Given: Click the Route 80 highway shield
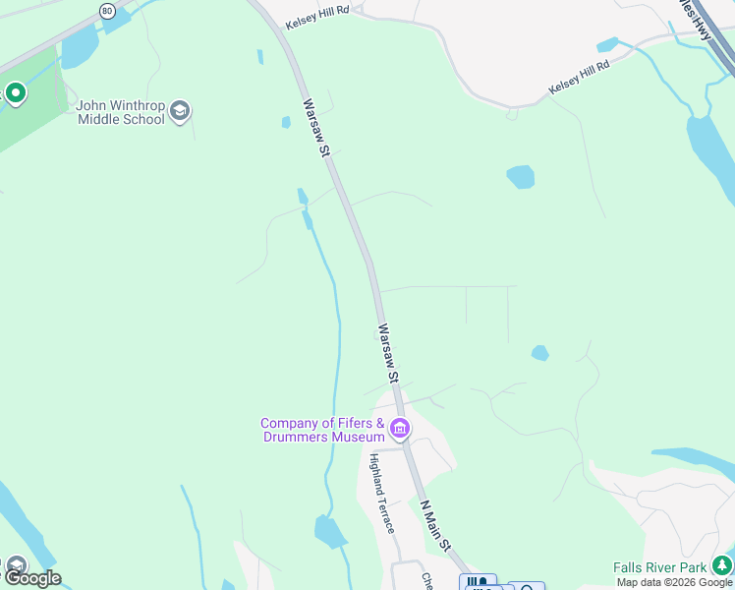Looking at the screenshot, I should coord(106,11).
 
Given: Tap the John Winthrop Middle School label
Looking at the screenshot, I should coord(121,113).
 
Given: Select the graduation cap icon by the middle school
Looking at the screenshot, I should coord(180,111).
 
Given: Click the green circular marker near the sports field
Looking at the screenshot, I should coord(15,94).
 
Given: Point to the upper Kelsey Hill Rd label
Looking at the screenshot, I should coord(317,23).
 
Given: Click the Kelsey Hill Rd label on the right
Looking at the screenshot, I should coord(579,76).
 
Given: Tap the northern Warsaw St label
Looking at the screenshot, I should coord(313,129).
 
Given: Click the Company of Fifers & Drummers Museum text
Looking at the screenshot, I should coord(321,430).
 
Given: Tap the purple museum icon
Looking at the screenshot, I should coord(400,429).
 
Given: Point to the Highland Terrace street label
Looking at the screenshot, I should coord(382,493).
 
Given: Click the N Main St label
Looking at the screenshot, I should coord(435,526).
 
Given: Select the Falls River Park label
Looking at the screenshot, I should coord(659,567).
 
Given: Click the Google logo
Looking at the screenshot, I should coord(31,578).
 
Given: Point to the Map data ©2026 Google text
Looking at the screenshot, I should coord(674,582).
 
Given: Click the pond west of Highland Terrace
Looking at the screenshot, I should coord(330,531).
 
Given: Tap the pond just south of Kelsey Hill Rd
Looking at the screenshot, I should coord(521,177).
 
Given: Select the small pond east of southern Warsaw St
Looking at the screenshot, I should coord(539,352).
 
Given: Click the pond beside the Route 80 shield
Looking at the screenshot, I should coord(81,45).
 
